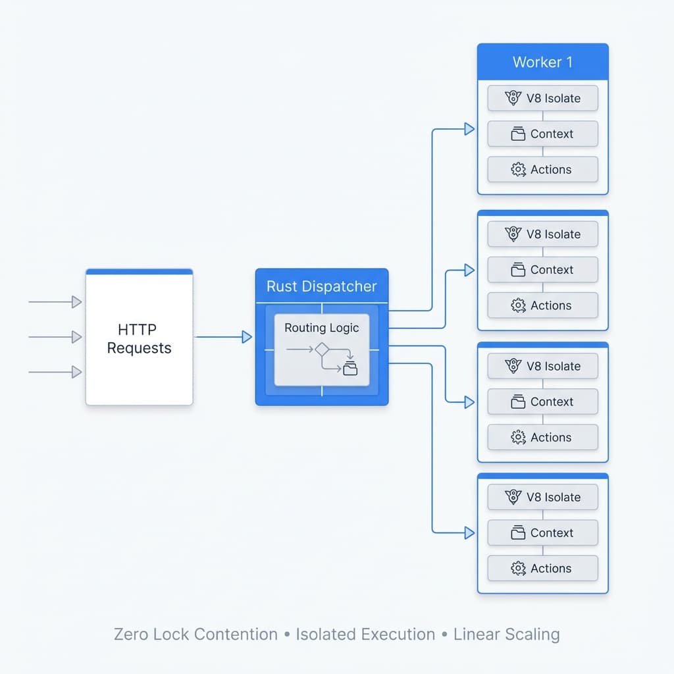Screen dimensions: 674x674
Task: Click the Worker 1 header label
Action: point(542,63)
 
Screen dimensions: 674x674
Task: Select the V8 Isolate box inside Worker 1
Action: point(542,98)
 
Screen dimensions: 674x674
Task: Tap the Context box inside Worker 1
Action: point(542,134)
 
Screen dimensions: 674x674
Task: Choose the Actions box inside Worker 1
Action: point(542,169)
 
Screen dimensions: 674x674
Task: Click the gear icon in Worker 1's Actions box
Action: point(518,169)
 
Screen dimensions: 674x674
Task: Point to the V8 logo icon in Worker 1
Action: point(513,98)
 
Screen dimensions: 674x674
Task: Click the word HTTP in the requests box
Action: point(138,329)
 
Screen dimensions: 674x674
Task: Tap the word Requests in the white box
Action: point(139,348)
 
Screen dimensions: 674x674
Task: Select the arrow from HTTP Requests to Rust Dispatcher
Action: point(224,337)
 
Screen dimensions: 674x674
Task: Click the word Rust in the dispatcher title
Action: point(281,286)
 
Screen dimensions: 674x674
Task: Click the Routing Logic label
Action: point(322,327)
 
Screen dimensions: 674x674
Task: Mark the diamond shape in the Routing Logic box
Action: point(321,350)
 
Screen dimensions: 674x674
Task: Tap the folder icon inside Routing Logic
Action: point(350,369)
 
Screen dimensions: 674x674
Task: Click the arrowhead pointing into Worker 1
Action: point(469,129)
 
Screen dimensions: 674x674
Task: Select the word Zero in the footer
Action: point(130,635)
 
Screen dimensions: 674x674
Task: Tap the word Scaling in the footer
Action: point(533,635)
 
